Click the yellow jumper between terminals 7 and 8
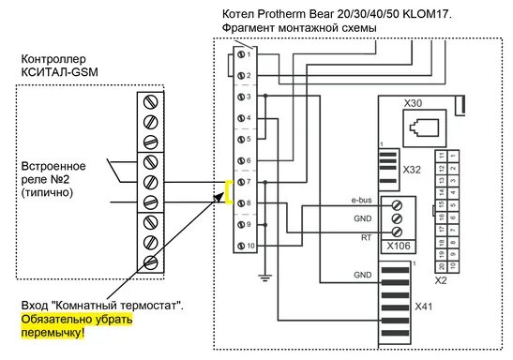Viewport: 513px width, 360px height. (x=228, y=191)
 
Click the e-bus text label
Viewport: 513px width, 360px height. (x=362, y=200)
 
